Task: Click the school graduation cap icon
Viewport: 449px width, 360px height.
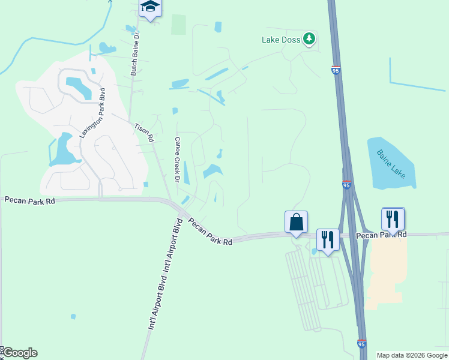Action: point(150,8)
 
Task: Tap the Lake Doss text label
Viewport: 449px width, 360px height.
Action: point(280,40)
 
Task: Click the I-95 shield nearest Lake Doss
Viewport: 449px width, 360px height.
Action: point(336,70)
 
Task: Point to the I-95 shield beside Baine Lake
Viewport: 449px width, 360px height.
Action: point(347,185)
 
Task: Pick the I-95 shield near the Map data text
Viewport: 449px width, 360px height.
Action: point(361,343)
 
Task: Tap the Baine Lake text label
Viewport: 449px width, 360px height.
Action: point(391,163)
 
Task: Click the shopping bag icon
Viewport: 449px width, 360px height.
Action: point(297,221)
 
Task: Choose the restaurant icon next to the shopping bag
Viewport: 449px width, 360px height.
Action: point(328,239)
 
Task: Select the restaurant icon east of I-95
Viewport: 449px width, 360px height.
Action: point(393,219)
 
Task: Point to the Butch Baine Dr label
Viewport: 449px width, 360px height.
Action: point(135,54)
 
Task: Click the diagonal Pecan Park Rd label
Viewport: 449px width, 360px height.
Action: point(210,231)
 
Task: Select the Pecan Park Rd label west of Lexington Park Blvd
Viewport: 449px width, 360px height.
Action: point(30,200)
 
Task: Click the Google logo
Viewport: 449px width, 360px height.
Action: point(20,353)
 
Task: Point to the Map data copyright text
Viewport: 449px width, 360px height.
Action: point(412,355)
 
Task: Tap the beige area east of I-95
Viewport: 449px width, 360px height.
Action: point(385,270)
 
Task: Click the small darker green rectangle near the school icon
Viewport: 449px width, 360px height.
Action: point(178,25)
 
